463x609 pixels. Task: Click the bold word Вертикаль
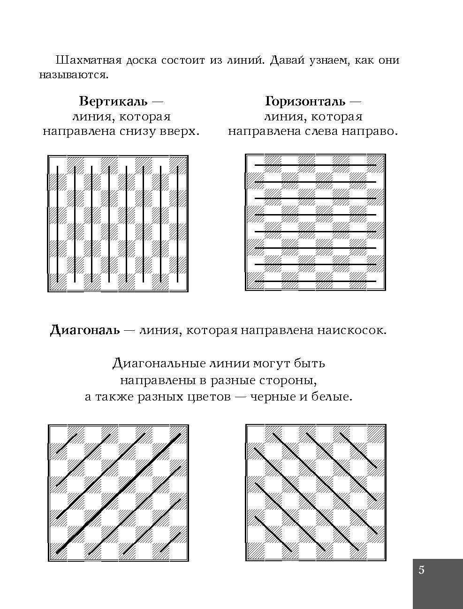click(x=113, y=101)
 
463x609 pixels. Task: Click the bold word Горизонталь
click(x=305, y=101)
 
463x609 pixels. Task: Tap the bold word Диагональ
click(x=85, y=330)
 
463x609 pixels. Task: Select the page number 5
click(x=421, y=570)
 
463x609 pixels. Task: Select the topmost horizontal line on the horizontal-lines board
click(x=315, y=165)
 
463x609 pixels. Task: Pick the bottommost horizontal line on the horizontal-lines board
click(x=315, y=281)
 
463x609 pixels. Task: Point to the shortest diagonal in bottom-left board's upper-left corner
click(x=67, y=444)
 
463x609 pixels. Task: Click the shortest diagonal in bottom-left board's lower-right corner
click(x=171, y=542)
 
